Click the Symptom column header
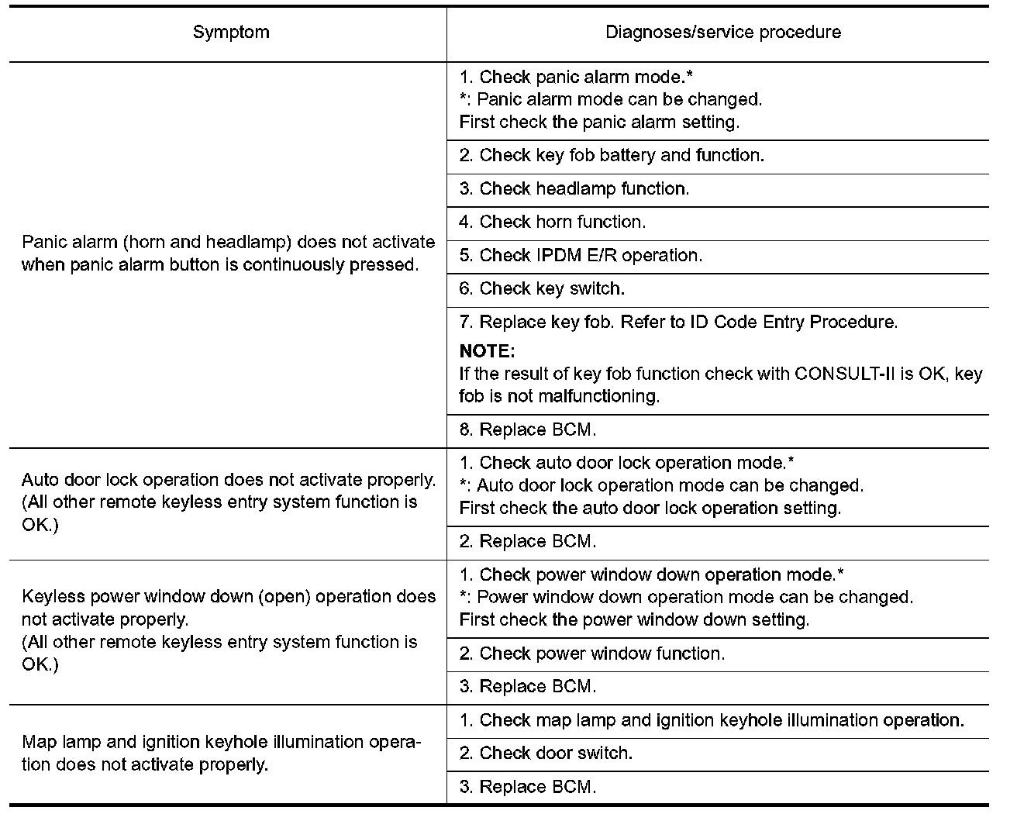click(x=231, y=33)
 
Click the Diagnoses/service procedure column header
click(x=722, y=33)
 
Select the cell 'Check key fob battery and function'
click(x=612, y=156)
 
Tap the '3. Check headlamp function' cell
click(x=574, y=189)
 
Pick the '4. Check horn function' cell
click(x=552, y=222)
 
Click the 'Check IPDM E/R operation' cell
click(x=581, y=256)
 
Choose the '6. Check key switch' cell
click(x=542, y=289)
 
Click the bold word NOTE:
click(x=487, y=351)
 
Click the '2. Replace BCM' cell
click(x=528, y=542)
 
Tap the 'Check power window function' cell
click(x=592, y=654)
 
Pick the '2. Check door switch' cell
click(x=546, y=754)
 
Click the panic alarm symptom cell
click(x=228, y=254)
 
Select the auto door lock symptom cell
click(x=228, y=502)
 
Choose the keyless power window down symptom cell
click(x=228, y=630)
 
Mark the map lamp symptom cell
click(x=222, y=754)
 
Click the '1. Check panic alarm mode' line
click(x=576, y=78)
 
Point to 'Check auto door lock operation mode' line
click(x=626, y=464)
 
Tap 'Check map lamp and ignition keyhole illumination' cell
click(x=712, y=720)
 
